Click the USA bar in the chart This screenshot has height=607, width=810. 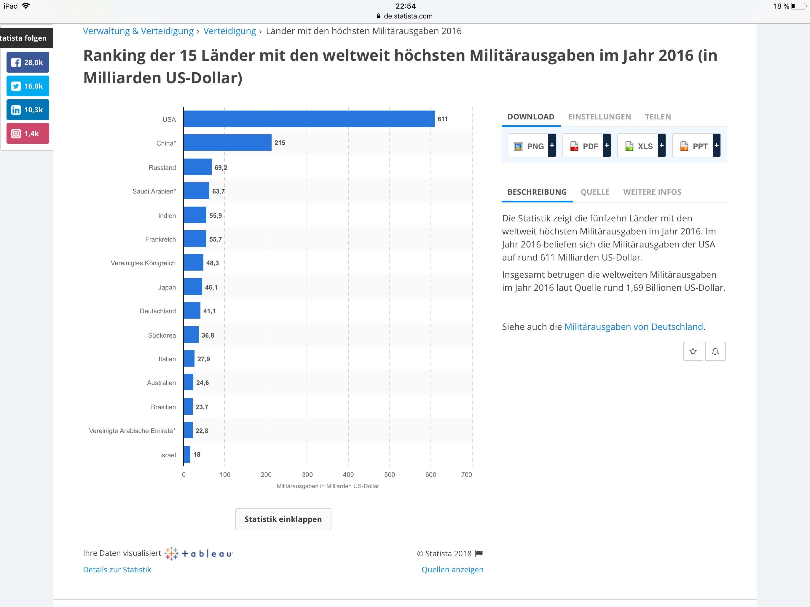pos(309,119)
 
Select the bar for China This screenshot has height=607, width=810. pos(227,143)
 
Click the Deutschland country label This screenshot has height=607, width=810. pos(157,311)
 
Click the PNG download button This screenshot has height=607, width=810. pos(531,146)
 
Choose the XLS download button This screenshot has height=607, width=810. pos(641,146)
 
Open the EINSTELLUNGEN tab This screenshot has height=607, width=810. pos(599,117)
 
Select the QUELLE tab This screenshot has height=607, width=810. pos(595,192)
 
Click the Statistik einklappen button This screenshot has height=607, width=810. pos(283,519)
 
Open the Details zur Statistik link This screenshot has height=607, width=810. pos(117,570)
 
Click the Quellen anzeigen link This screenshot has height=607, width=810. pos(452,570)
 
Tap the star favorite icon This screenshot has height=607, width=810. pos(693,352)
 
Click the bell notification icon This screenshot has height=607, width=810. pos(715,352)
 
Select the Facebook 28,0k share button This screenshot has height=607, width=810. pos(28,62)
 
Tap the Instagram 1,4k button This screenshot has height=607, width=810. pos(28,134)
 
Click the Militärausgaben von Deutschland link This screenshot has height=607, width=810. pos(634,327)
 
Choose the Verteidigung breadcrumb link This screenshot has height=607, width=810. pos(229,31)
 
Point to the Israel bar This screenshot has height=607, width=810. pos(187,454)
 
